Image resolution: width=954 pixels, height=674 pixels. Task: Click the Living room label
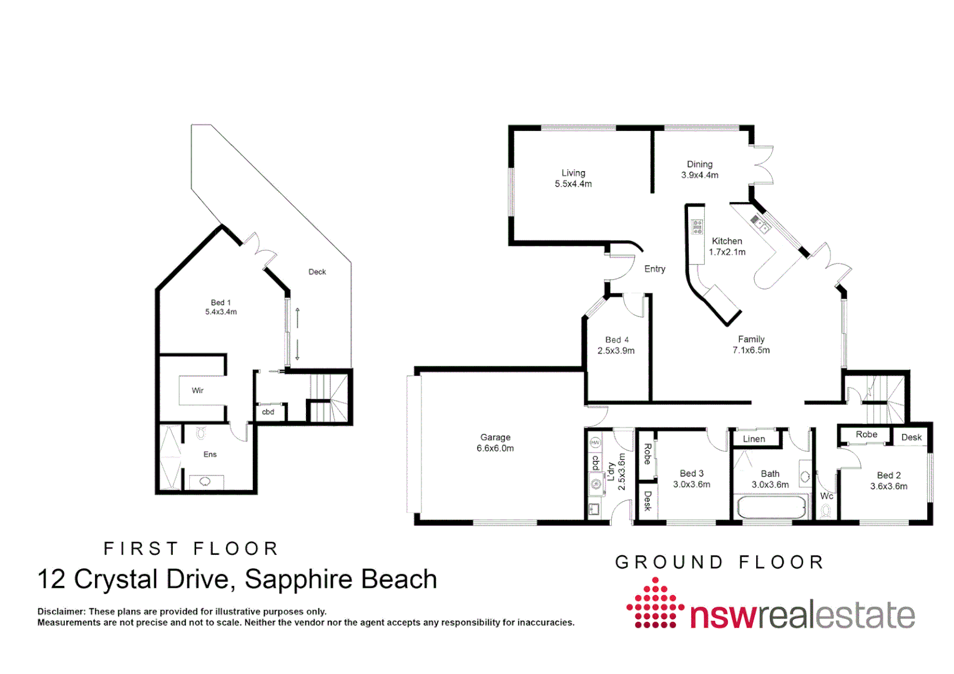pyautogui.click(x=573, y=173)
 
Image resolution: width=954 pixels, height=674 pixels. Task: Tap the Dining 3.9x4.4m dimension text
pyautogui.click(x=699, y=175)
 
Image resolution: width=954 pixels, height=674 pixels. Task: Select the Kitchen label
pyautogui.click(x=727, y=241)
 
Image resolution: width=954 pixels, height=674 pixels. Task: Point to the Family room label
pyautogui.click(x=751, y=339)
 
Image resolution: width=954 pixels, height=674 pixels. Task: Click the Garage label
pyautogui.click(x=495, y=437)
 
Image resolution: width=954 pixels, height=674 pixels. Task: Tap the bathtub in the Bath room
pyautogui.click(x=772, y=507)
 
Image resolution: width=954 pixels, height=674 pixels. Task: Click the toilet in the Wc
pyautogui.click(x=826, y=511)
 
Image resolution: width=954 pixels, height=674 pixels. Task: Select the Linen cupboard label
pyautogui.click(x=754, y=439)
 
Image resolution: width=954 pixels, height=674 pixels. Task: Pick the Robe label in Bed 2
pyautogui.click(x=866, y=434)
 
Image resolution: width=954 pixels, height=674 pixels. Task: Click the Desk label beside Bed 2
pyautogui.click(x=911, y=437)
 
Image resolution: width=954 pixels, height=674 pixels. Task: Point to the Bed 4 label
pyautogui.click(x=617, y=339)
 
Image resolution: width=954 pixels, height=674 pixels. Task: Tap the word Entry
pyautogui.click(x=654, y=269)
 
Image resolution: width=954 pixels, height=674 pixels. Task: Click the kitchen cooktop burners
pyautogui.click(x=697, y=227)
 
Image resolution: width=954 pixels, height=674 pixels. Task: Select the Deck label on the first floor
pyautogui.click(x=317, y=271)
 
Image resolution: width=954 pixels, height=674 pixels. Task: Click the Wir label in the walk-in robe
pyautogui.click(x=197, y=391)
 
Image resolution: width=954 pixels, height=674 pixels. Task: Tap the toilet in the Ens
pyautogui.click(x=201, y=432)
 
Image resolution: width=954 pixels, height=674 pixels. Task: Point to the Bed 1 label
pyautogui.click(x=220, y=303)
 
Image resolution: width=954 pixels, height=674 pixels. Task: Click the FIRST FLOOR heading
pyautogui.click(x=191, y=549)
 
